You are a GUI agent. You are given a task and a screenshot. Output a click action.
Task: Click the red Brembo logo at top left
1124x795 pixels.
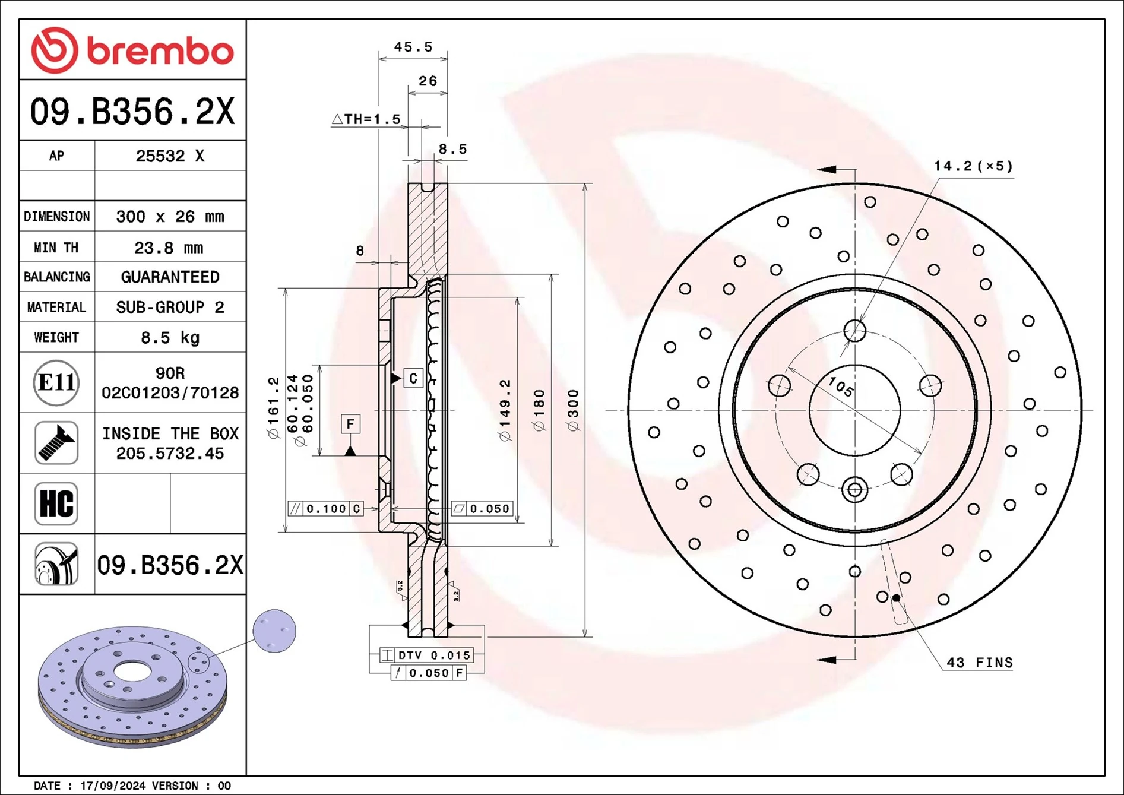tap(132, 50)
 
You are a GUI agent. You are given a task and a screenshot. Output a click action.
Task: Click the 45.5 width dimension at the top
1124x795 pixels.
tap(413, 47)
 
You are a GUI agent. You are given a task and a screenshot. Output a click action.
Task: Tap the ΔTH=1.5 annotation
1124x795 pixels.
tap(366, 119)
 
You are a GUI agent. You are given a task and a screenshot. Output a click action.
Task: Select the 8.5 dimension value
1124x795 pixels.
tap(452, 150)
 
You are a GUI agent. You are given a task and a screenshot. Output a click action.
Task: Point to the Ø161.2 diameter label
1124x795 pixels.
tap(273, 408)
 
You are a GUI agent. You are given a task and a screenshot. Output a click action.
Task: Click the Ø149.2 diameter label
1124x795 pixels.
tap(505, 410)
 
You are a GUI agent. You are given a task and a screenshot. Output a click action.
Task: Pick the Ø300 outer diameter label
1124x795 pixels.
tap(573, 410)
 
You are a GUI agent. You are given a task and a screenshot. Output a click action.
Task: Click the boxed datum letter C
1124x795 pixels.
tap(413, 378)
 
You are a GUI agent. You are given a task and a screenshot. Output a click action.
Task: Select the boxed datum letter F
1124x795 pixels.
tap(350, 424)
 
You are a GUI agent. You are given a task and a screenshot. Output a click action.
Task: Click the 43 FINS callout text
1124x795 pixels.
tap(979, 663)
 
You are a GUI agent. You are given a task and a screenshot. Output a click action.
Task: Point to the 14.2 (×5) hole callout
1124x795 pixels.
tap(973, 166)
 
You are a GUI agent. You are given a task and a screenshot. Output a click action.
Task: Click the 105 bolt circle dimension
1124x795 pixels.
tap(841, 387)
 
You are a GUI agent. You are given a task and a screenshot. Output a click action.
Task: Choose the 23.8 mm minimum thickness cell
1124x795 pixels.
tap(169, 248)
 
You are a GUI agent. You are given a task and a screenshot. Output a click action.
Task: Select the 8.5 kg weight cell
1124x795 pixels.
tap(169, 338)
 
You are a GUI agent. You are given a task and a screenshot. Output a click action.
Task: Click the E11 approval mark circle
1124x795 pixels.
tap(56, 382)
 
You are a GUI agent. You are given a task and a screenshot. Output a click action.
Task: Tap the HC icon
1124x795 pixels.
tap(56, 503)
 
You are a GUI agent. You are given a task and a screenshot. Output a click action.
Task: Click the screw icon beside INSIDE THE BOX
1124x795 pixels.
tap(56, 443)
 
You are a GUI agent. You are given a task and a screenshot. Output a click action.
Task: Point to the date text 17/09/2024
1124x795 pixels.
tap(113, 786)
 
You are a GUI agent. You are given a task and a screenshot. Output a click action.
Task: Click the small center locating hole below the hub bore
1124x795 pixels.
tap(854, 490)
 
